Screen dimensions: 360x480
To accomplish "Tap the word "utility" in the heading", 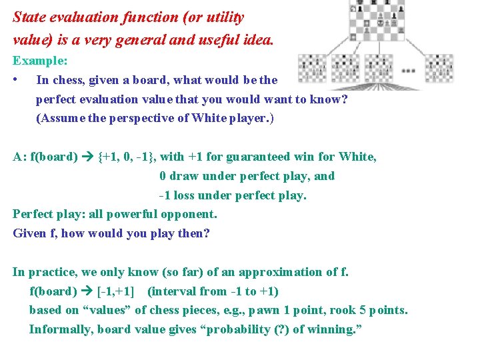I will (x=221, y=17).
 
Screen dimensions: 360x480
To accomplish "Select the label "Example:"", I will (x=39, y=60).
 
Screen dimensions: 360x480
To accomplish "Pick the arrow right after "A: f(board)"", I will (x=87, y=157).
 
